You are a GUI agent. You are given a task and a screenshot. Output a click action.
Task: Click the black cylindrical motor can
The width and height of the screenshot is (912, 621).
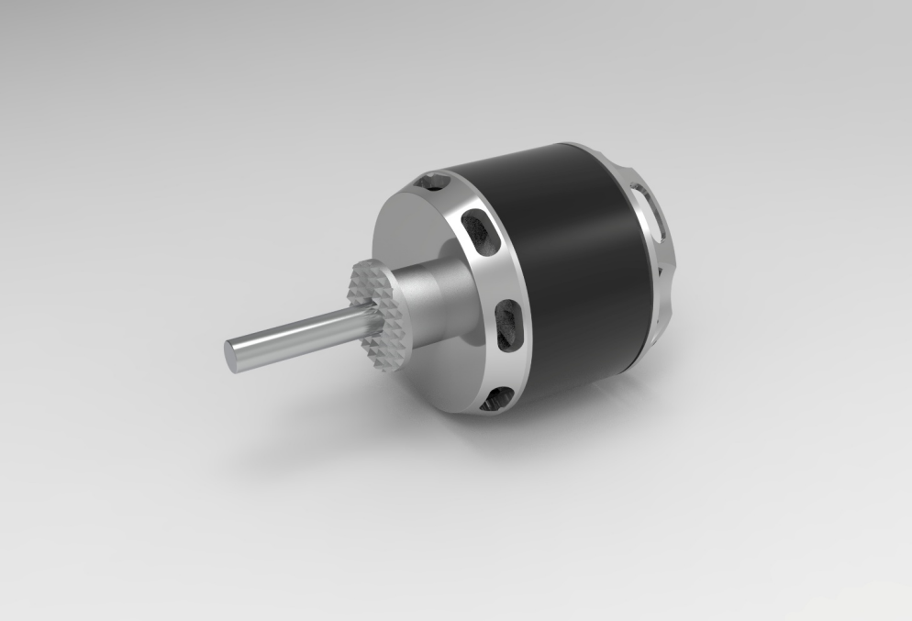(x=578, y=266)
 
